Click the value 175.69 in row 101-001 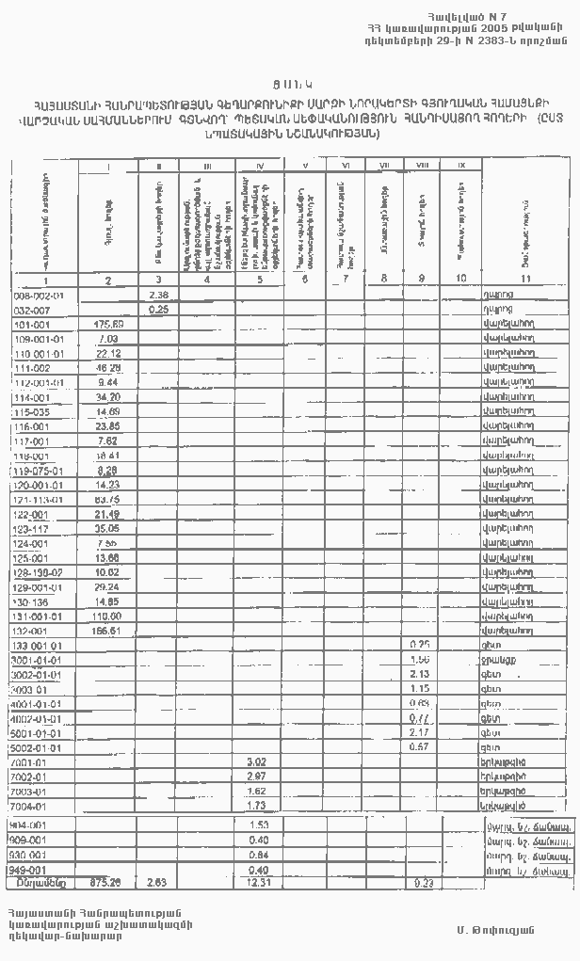pos(110,325)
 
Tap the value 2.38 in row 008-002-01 pos(158,295)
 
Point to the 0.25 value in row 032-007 pos(158,309)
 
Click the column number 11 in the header pos(525,280)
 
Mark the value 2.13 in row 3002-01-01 pos(420,674)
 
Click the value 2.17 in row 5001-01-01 pos(420,732)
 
